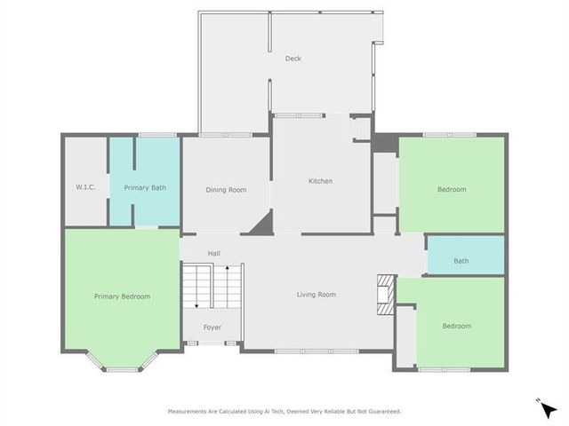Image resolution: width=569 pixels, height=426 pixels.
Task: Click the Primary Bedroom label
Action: point(122,296)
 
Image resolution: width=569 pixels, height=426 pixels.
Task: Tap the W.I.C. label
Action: point(84,187)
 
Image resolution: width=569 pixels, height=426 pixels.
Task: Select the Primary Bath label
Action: point(145,187)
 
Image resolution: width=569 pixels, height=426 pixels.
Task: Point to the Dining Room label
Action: point(226,189)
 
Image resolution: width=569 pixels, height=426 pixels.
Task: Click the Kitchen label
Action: point(320,181)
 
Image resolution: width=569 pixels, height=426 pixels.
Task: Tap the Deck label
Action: point(293,59)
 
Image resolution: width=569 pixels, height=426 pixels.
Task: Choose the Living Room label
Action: point(316,295)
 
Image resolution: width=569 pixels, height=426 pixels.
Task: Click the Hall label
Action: point(214,254)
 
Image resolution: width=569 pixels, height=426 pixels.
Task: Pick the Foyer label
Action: point(212,327)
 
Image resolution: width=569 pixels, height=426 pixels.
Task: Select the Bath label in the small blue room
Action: point(461,261)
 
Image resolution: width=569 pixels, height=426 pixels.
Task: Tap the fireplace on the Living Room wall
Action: point(384,295)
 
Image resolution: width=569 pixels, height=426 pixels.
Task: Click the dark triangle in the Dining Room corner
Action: point(261,224)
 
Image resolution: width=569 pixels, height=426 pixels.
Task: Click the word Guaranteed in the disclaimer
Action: point(382,412)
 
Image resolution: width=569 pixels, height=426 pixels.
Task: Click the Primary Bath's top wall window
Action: point(157,135)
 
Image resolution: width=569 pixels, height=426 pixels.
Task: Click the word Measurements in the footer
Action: point(192,412)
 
